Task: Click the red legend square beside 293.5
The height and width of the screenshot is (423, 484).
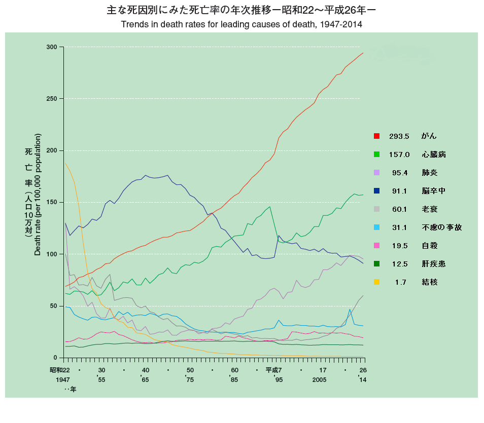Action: pos(376,136)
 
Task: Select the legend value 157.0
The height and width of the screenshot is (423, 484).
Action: pos(399,155)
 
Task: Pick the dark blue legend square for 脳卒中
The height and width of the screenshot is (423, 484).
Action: pos(376,191)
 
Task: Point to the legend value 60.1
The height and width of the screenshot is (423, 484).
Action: pos(399,209)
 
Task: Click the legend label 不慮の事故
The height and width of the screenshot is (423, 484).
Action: pos(441,227)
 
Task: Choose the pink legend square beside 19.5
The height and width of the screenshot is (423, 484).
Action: pos(376,246)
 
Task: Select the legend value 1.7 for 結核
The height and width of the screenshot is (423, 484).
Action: pos(400,282)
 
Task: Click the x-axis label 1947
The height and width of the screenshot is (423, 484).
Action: pos(63,379)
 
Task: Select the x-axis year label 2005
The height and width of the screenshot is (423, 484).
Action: pos(319,379)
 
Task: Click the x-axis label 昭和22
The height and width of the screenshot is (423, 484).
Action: pos(60,370)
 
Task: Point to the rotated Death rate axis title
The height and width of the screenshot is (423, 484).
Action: pos(38,195)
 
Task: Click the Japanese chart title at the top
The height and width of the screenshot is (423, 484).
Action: pos(241,10)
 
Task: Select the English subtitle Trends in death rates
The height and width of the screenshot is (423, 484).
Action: pos(241,24)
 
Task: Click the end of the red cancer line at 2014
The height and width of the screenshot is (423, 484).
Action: pos(363,53)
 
